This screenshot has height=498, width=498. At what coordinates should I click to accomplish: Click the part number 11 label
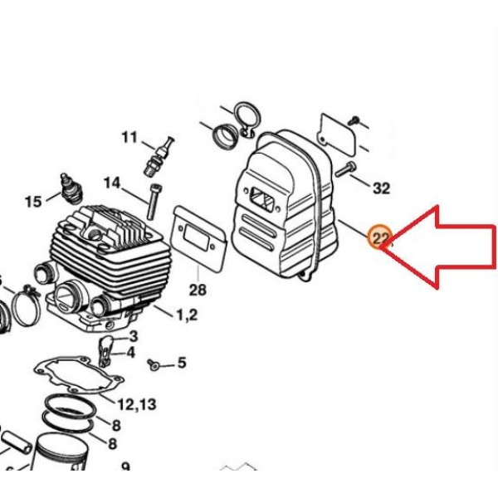coord(129,138)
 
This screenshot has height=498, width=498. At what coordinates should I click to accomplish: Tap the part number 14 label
coord(112,183)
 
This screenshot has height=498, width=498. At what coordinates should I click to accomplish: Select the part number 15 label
coord(33,202)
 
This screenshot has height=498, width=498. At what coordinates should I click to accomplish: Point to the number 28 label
coord(198,290)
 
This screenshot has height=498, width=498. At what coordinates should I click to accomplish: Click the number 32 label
coord(381,188)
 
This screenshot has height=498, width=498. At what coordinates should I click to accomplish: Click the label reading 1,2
coord(187,315)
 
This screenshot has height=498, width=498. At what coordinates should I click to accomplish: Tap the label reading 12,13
coord(137,404)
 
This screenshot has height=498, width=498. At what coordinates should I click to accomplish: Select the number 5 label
coord(181,363)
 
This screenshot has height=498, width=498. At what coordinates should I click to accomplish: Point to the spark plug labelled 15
coord(71,188)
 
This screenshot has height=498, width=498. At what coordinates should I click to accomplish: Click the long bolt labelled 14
coord(154,202)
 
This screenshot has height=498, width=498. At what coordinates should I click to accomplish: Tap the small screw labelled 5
coord(153,364)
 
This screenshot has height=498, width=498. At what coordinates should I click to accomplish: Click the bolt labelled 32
coord(345,169)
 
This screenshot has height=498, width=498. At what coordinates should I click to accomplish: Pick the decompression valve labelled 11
coord(159,156)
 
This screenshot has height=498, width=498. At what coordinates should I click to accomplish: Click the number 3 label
coord(134,336)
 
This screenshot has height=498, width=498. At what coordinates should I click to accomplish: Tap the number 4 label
coord(130,353)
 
